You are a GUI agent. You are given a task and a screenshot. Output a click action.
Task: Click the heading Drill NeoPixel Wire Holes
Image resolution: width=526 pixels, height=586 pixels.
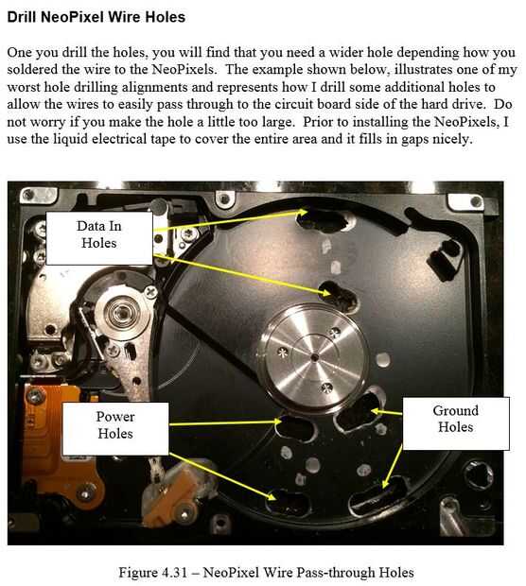(x=96, y=17)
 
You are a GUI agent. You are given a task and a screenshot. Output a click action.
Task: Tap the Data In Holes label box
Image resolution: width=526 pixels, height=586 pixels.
(x=99, y=238)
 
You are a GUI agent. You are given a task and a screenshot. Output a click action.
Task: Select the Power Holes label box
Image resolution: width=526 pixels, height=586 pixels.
(x=115, y=429)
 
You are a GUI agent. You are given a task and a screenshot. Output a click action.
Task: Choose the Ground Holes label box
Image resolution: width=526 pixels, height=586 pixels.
(x=456, y=423)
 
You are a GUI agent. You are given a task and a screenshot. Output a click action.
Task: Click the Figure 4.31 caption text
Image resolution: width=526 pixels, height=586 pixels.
(x=266, y=572)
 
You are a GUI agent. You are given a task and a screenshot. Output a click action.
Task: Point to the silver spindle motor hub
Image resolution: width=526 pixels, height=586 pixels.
(x=313, y=359)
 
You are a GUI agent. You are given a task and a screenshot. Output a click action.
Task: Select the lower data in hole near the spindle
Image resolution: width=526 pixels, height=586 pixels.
(x=339, y=296)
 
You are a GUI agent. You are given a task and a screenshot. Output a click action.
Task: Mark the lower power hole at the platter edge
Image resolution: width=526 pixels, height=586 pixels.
(x=288, y=503)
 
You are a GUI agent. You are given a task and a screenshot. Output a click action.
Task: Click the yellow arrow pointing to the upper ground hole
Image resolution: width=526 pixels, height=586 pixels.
(x=387, y=412)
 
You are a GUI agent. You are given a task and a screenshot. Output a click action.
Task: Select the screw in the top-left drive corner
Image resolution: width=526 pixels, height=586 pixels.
(x=28, y=195)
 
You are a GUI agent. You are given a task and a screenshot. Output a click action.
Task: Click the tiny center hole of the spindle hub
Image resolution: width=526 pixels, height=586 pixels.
(x=315, y=357)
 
